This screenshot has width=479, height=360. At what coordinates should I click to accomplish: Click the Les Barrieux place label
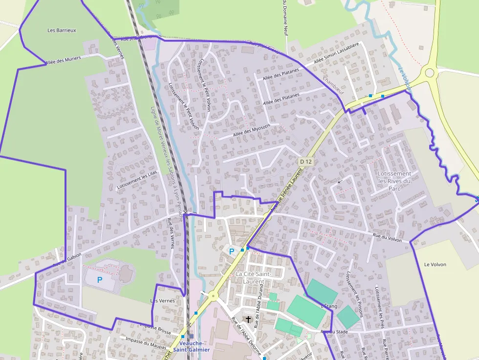tap(62, 30)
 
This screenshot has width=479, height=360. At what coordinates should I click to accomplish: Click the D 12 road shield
tap(306, 161)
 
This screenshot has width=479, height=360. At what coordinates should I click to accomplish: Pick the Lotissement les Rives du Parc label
tap(394, 181)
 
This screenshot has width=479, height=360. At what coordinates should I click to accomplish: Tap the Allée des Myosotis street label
tap(251, 131)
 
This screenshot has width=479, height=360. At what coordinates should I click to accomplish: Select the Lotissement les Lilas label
tap(137, 180)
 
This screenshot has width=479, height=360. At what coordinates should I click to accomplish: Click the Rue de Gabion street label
tap(67, 256)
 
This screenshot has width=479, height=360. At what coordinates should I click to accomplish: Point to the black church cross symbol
tap(248, 319)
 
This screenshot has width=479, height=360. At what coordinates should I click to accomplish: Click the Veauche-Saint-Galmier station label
tap(192, 346)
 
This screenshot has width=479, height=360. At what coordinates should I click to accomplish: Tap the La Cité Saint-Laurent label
tap(253, 277)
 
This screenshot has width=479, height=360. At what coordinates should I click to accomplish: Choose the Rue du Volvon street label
tap(387, 237)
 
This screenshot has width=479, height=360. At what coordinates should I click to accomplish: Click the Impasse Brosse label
tap(155, 329)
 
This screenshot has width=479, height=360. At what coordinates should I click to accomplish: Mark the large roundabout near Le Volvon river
tap(430, 73)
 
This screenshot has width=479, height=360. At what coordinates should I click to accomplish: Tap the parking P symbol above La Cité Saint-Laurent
tap(232, 251)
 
